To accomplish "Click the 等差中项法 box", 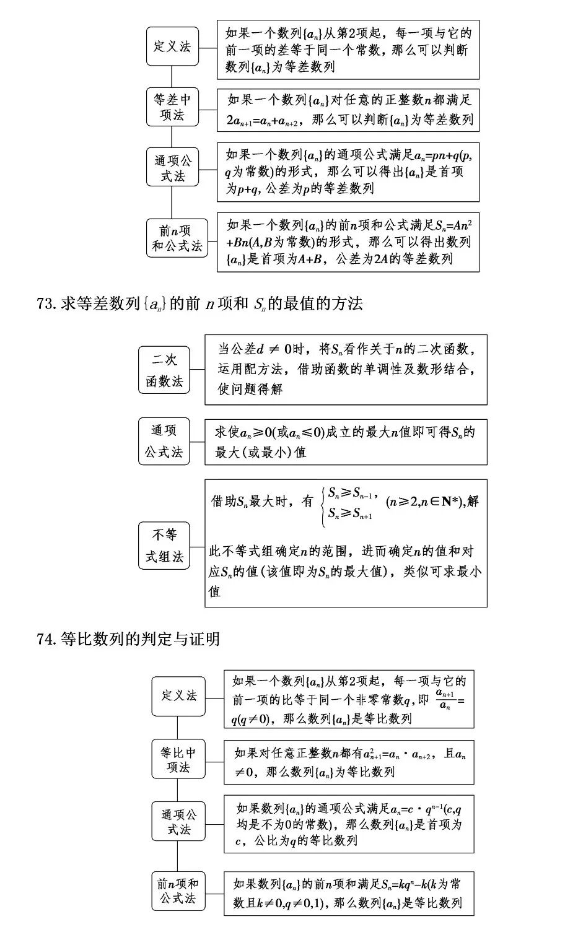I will [172, 107].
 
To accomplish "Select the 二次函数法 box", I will [164, 370].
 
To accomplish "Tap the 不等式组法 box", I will [164, 546].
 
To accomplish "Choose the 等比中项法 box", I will [178, 759].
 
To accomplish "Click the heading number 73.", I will [47, 304].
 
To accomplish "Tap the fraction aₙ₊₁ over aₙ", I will [444, 699].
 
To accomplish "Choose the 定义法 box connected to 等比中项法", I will [178, 696].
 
